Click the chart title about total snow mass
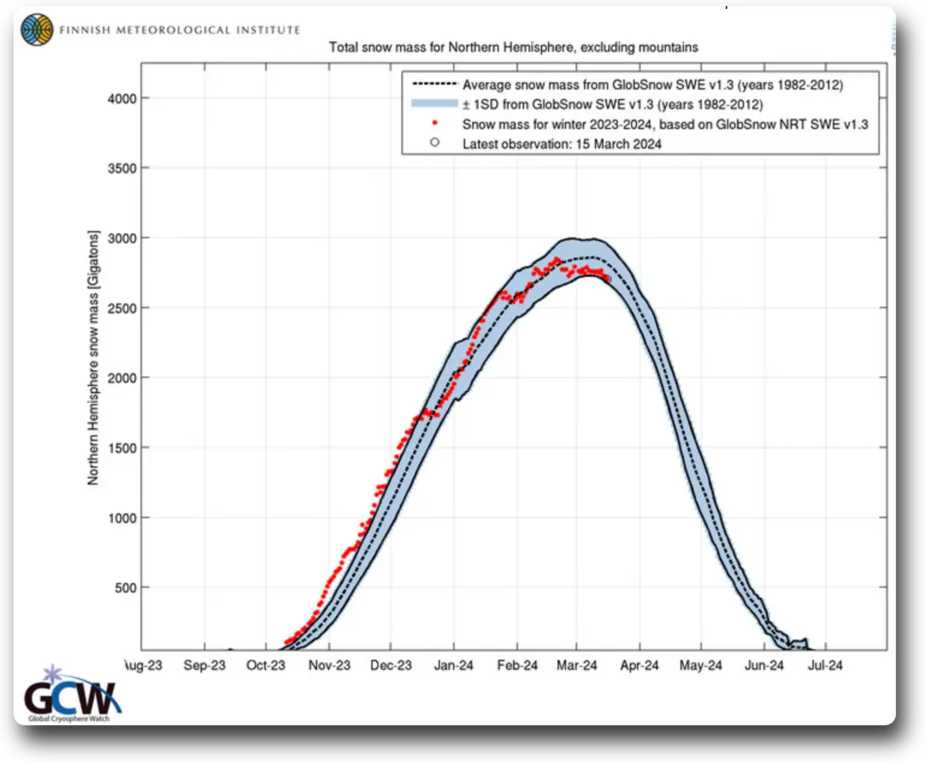(513, 47)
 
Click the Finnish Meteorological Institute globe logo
(37, 30)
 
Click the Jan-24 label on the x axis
(453, 665)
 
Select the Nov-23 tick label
(329, 665)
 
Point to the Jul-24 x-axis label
(825, 665)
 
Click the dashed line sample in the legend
(433, 85)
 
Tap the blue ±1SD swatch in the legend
(433, 105)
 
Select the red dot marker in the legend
(434, 125)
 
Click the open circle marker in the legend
(434, 144)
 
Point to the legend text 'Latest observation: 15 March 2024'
(562, 144)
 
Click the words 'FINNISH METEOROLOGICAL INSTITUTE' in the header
(180, 30)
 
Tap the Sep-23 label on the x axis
(205, 665)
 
